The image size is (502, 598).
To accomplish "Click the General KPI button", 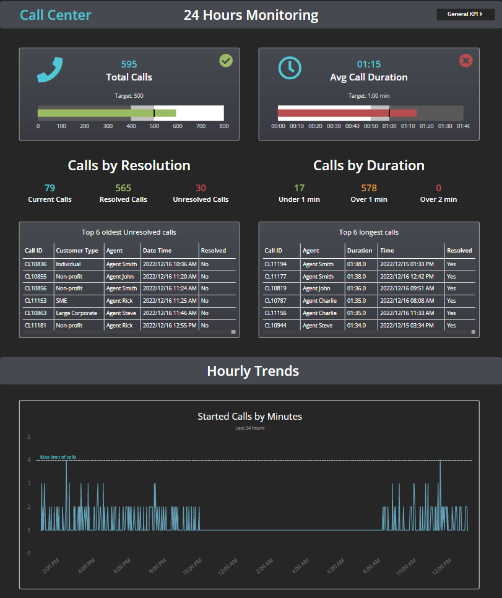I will tap(465, 14).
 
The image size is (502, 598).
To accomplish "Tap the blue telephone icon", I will tap(50, 69).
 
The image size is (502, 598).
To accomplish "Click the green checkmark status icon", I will tap(226, 61).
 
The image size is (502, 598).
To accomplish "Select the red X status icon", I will tap(466, 61).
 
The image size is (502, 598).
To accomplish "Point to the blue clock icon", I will tap(290, 68).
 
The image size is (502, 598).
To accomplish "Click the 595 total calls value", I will tap(129, 64).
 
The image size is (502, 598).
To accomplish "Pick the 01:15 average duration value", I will tap(369, 64).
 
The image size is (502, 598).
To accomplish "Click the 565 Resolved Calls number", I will tap(123, 188).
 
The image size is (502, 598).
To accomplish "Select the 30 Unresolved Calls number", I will tap(201, 188).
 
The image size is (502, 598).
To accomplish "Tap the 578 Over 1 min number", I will tap(369, 188).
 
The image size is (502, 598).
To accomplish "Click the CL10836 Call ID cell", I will tap(36, 264).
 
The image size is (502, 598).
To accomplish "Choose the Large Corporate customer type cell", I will tap(76, 313).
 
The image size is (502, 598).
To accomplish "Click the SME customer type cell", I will tap(61, 301).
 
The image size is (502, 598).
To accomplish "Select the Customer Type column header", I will tap(77, 251).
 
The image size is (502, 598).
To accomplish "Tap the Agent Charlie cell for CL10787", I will tap(319, 301).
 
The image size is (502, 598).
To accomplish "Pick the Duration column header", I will tap(360, 251).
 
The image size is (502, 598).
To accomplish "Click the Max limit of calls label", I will tap(58, 457).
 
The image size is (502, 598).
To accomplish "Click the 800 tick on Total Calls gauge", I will tap(224, 126).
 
